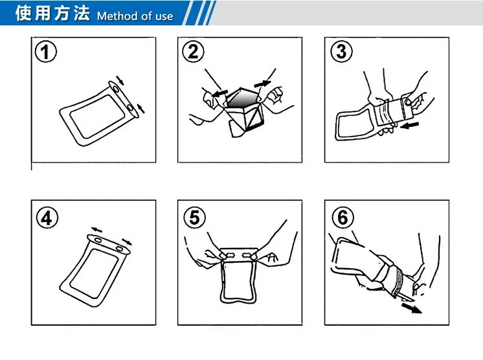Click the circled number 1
tap(45, 52)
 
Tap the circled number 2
tap(193, 52)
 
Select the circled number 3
tap(341, 51)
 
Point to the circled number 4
tap(47, 218)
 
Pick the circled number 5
tap(194, 218)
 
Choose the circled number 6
tap(343, 217)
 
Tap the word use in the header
tap(164, 17)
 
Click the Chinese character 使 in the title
tap(24, 13)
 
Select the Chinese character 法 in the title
tap(82, 13)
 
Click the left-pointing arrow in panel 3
tap(409, 125)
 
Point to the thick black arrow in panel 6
tap(412, 308)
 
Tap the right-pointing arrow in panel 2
tap(262, 83)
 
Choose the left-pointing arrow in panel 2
tap(219, 93)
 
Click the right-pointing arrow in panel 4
tap(127, 242)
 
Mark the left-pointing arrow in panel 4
tap(96, 230)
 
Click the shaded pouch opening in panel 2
tap(243, 98)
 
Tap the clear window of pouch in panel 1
tap(96, 116)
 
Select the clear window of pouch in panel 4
tap(95, 273)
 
